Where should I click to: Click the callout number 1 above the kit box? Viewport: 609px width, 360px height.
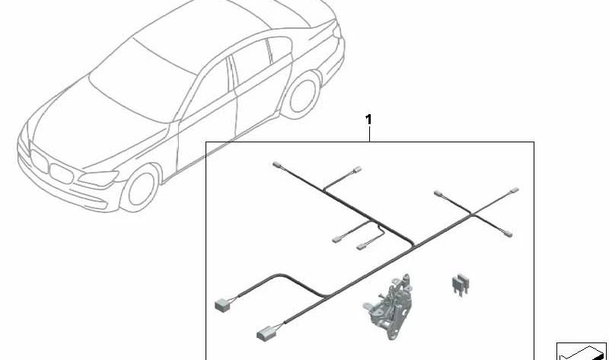point(368,119)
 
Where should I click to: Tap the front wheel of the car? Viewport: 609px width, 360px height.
point(140,189)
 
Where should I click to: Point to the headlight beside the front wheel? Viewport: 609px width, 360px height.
point(99,178)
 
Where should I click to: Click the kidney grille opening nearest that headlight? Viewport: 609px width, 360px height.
point(62,174)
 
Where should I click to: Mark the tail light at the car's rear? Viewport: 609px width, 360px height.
point(336,30)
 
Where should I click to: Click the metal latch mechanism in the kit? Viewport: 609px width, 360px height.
point(388,306)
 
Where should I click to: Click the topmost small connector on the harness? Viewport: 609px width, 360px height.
point(276,164)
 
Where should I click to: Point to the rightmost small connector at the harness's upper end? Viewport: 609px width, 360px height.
point(515,190)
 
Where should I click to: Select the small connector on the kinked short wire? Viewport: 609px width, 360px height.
point(361,246)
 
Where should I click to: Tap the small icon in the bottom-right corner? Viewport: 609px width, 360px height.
point(582,351)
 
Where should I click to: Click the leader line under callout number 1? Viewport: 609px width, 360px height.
point(369,134)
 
